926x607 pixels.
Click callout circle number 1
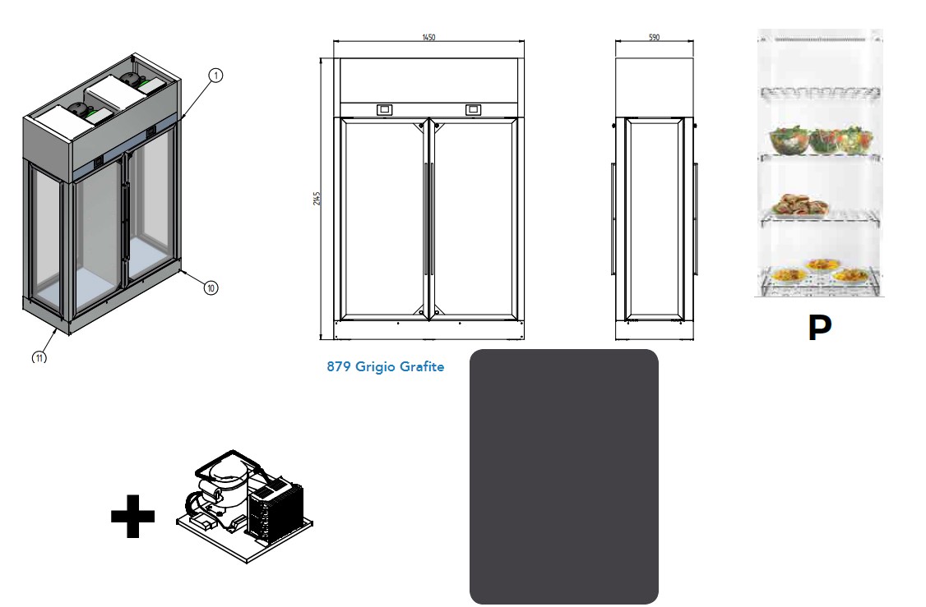[x=215, y=76]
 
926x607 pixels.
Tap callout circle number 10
[x=211, y=287]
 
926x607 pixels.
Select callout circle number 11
[x=39, y=357]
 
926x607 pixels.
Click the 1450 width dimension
[x=428, y=37]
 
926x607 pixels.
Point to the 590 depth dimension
[x=654, y=37]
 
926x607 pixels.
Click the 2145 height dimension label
[x=317, y=199]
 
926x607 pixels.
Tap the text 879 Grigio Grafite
[x=385, y=367]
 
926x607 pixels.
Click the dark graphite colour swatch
[x=563, y=476]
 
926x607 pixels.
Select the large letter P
[x=819, y=329]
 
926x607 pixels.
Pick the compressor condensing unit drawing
[x=245, y=505]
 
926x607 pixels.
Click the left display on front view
[x=384, y=109]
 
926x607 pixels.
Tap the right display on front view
[x=473, y=109]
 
